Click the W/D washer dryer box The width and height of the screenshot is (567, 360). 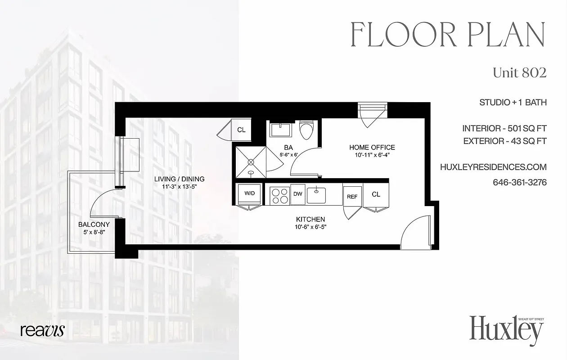click(x=249, y=193)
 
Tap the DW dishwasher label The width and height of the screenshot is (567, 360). click(x=297, y=194)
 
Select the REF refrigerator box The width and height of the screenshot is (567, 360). click(x=352, y=196)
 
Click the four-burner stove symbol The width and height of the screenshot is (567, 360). click(x=279, y=195)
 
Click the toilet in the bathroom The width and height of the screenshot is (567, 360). click(x=307, y=129)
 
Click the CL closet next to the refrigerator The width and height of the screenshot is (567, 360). click(x=376, y=194)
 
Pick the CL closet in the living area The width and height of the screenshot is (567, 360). click(x=241, y=130)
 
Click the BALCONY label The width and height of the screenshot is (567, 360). click(x=94, y=225)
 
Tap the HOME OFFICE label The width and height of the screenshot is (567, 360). click(x=372, y=147)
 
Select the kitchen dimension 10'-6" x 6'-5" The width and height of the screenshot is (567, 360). click(x=310, y=227)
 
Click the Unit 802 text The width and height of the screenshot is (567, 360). click(x=519, y=73)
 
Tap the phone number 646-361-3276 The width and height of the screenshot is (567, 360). click(x=520, y=183)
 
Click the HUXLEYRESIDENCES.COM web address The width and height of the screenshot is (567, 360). click(x=493, y=167)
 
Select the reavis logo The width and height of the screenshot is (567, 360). click(x=42, y=330)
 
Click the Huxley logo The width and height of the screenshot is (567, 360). click(x=506, y=330)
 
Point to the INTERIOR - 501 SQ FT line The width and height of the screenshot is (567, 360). click(x=504, y=129)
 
